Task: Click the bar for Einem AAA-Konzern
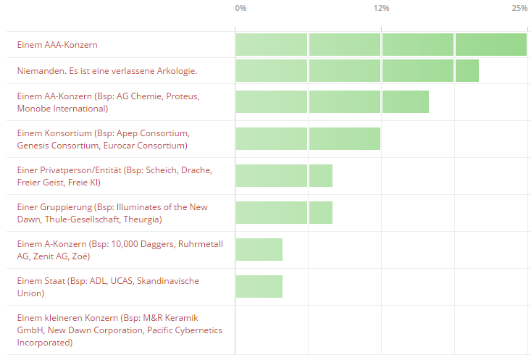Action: pos(381,45)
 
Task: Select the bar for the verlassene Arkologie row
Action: pos(357,71)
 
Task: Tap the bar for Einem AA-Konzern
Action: pos(332,101)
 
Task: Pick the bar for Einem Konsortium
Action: pos(308,138)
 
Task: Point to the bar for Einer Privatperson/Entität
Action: pos(284,175)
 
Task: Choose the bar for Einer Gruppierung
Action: pos(284,212)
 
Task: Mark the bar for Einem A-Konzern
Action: pos(259,249)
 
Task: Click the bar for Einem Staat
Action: pos(259,286)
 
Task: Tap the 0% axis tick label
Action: pos(241,9)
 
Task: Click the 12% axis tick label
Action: pos(381,9)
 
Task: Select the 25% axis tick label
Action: pos(519,9)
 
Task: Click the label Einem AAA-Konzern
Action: pos(57,45)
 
